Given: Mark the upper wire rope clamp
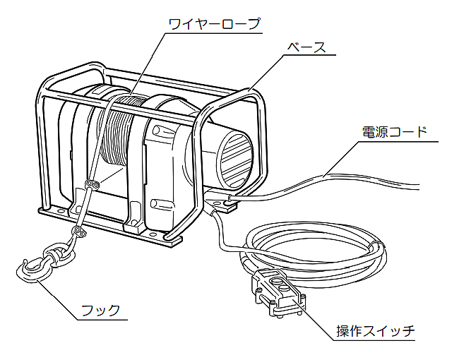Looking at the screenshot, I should tap(91, 186).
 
